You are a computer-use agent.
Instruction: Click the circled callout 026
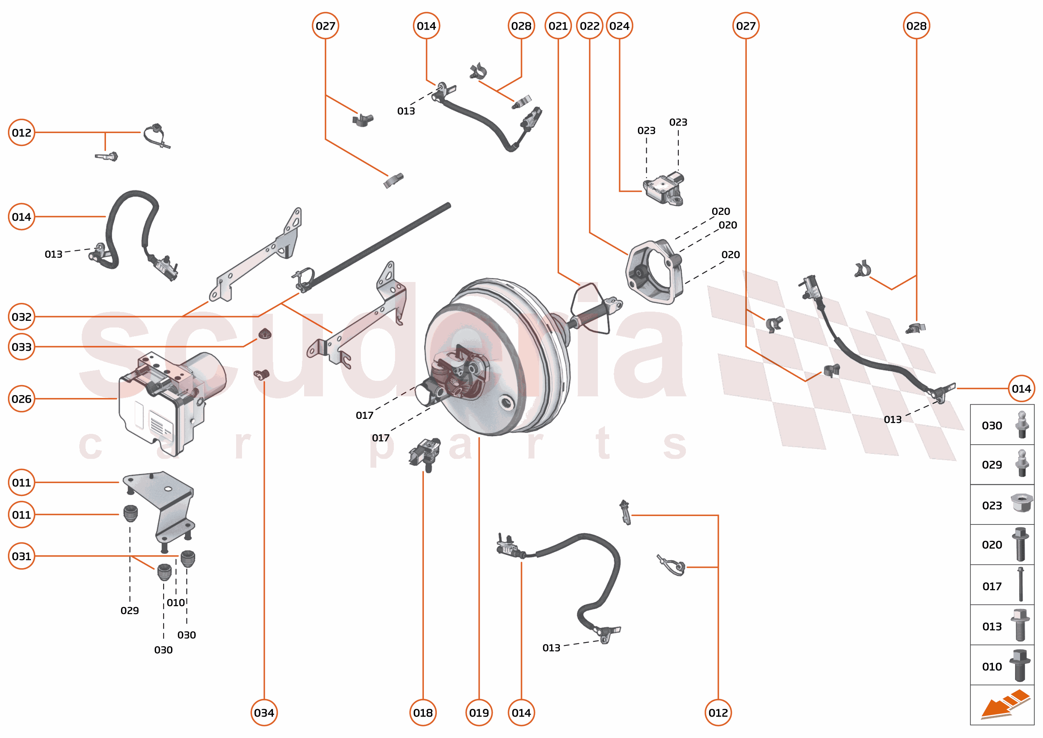[21, 398]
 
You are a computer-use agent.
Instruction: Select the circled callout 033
[21, 347]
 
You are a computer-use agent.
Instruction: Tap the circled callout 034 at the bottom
[264, 713]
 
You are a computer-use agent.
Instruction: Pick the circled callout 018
[423, 713]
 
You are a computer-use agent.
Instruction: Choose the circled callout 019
[479, 713]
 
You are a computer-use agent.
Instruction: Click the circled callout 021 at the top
[558, 26]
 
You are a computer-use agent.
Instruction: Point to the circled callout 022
[590, 26]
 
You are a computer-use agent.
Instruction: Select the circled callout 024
[620, 26]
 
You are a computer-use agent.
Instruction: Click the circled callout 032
[21, 316]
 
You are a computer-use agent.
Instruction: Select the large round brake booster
[495, 359]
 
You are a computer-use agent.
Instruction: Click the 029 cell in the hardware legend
[1002, 464]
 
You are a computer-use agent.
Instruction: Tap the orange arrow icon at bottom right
[1005, 704]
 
